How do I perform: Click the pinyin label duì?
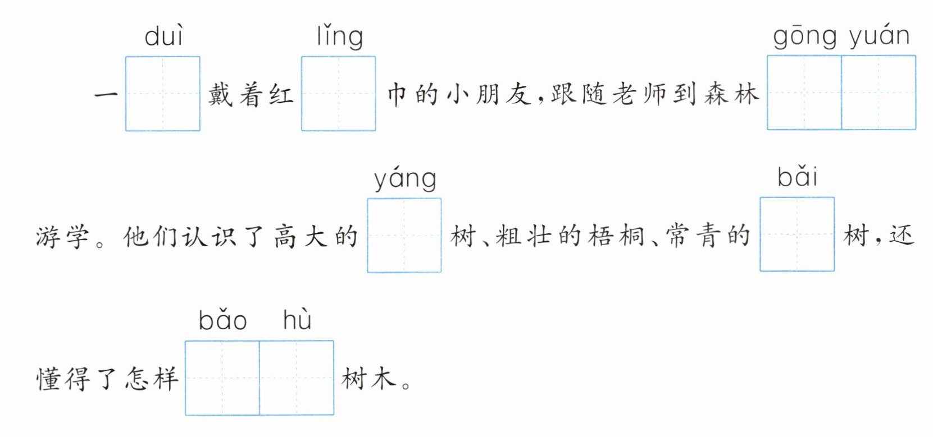163,36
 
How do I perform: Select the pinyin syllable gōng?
805,37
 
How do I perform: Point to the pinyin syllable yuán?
879,37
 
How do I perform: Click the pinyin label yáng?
405,180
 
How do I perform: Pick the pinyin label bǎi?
797,177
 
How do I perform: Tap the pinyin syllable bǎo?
222,320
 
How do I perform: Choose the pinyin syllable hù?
297,320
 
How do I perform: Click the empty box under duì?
163,94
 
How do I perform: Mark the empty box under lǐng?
339,94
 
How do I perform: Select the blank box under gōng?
804,93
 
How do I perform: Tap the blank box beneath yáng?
404,236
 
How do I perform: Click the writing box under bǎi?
797,234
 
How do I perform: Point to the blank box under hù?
297,378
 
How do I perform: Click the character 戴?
220,94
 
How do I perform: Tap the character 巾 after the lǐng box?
397,94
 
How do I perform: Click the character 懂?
47,379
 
